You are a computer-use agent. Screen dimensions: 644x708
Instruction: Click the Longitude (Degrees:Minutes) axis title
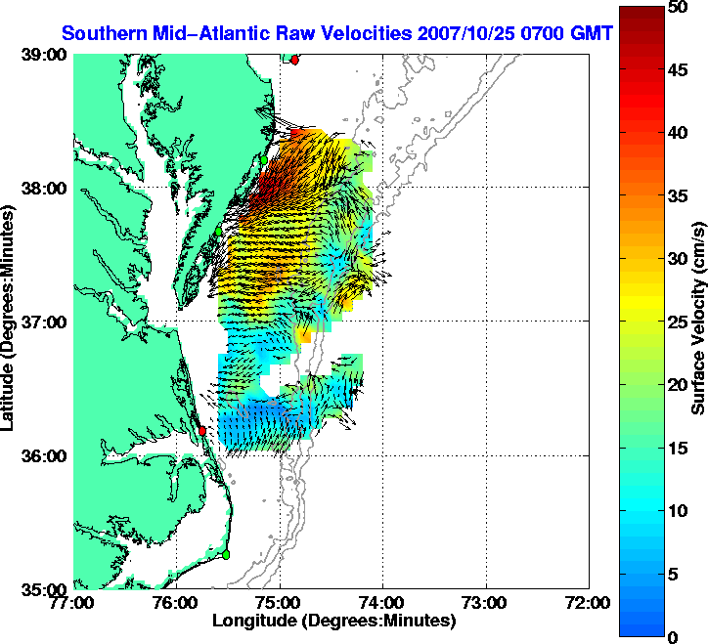coord(334,621)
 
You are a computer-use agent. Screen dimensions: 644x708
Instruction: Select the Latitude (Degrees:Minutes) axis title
coord(12,322)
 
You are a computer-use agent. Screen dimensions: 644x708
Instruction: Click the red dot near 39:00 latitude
coord(294,60)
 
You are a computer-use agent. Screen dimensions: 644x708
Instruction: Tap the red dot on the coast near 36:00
coord(201,430)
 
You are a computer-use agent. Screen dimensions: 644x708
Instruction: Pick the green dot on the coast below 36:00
coord(225,554)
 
